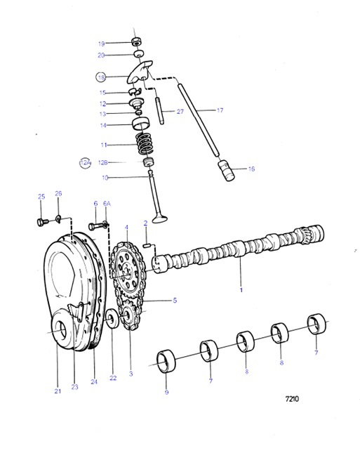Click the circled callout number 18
click(102, 77)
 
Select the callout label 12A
click(86, 162)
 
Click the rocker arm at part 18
click(140, 71)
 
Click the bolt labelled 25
click(41, 222)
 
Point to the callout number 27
click(180, 111)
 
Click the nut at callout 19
click(138, 41)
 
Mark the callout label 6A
click(107, 204)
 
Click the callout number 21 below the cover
click(58, 391)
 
